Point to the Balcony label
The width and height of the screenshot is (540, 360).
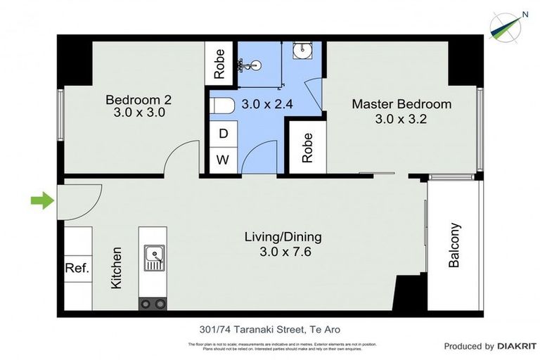(x=454, y=245)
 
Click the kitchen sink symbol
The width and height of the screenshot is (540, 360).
(x=153, y=258)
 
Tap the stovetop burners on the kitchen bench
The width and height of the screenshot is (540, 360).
(x=153, y=304)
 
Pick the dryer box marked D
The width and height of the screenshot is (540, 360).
(x=223, y=134)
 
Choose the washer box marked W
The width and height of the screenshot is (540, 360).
(x=223, y=160)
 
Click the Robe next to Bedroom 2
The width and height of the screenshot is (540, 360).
(x=219, y=63)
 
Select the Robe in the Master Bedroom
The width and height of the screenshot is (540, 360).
(x=307, y=147)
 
